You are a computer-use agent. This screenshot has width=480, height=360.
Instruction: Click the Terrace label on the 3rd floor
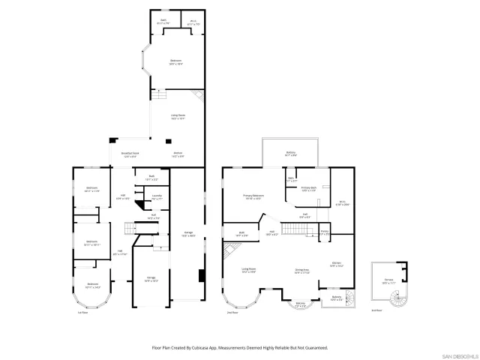click(x=388, y=283)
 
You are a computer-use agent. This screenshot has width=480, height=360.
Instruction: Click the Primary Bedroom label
click(x=252, y=198)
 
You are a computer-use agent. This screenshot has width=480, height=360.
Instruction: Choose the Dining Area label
click(x=302, y=271)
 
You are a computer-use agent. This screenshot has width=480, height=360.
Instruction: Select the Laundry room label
click(x=157, y=197)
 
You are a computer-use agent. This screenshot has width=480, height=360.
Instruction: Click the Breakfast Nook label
click(x=129, y=155)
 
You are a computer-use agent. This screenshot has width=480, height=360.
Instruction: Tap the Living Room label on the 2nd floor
click(x=248, y=270)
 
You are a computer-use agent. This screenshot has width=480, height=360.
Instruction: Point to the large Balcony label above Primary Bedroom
click(x=290, y=154)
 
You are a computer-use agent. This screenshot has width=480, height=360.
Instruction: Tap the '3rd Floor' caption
click(x=376, y=310)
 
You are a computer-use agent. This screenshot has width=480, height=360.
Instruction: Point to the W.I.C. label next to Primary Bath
click(x=341, y=202)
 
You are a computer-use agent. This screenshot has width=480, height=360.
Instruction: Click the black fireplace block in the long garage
click(x=200, y=275)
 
